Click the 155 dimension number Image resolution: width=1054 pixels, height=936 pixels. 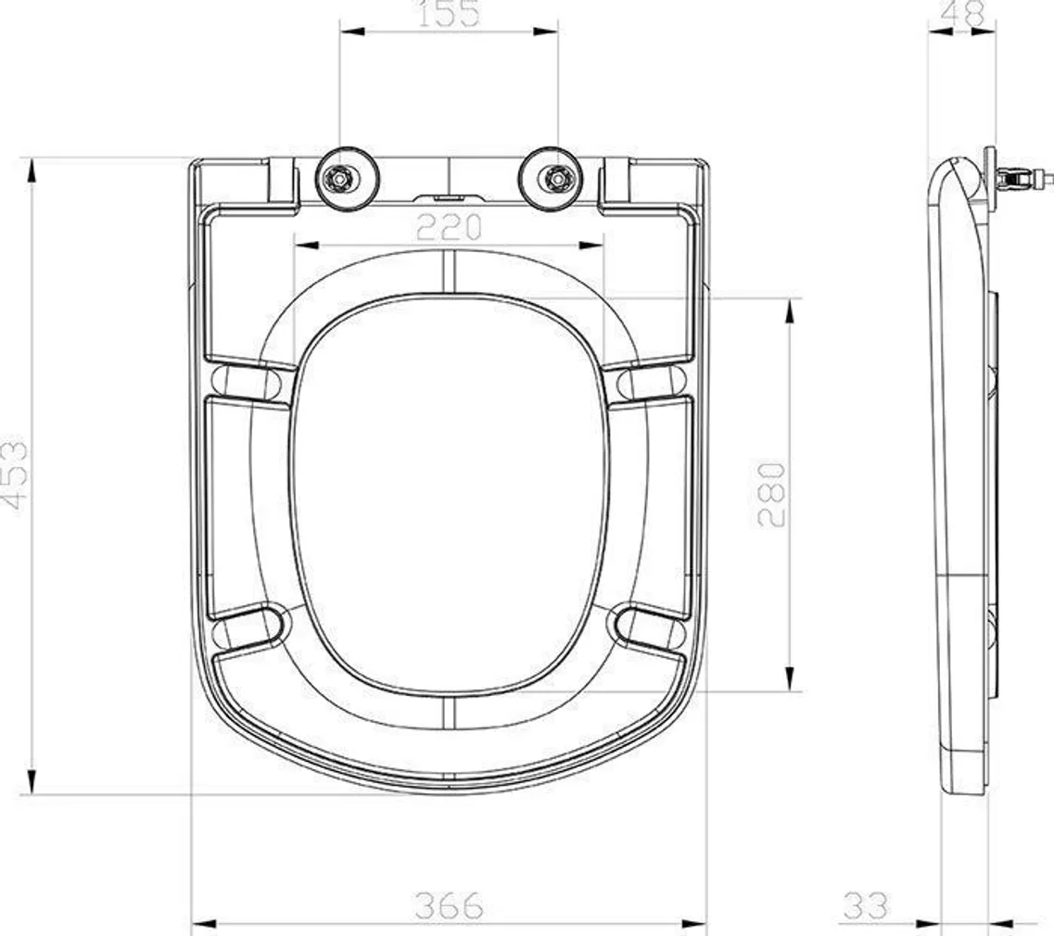[449, 14]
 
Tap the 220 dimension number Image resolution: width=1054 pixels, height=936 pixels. [449, 227]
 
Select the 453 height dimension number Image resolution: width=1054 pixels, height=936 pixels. [15, 475]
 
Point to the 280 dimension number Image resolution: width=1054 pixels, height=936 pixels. [771, 494]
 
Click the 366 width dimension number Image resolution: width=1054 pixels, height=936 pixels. [449, 905]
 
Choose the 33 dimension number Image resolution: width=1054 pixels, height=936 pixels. [866, 905]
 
